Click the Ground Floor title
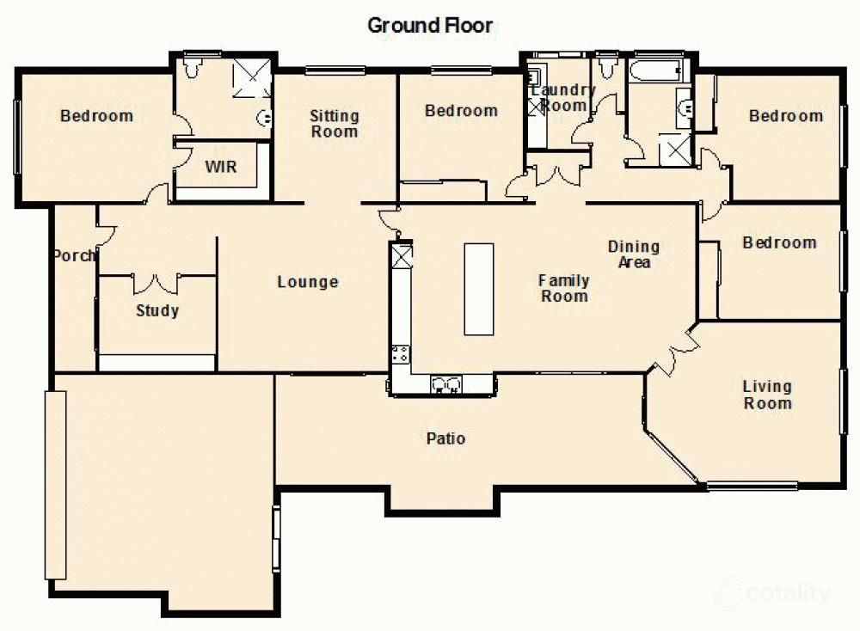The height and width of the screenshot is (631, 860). pyautogui.click(x=430, y=26)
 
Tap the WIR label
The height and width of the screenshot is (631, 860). pyautogui.click(x=220, y=167)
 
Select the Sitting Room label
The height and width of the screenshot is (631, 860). pyautogui.click(x=335, y=124)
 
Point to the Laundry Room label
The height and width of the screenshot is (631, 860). pyautogui.click(x=563, y=98)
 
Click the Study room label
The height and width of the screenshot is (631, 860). pyautogui.click(x=157, y=310)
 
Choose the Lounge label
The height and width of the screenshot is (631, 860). pyautogui.click(x=307, y=282)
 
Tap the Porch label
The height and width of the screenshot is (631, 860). pyautogui.click(x=74, y=255)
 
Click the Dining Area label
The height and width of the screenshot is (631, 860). pyautogui.click(x=634, y=254)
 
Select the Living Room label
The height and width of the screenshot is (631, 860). pyautogui.click(x=767, y=395)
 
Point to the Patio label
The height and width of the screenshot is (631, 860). pyautogui.click(x=445, y=438)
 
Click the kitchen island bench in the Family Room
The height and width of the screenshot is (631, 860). pyautogui.click(x=479, y=289)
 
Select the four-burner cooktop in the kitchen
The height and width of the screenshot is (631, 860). pyautogui.click(x=401, y=352)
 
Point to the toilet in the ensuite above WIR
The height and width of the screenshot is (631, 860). pyautogui.click(x=193, y=67)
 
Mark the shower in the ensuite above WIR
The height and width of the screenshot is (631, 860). pyautogui.click(x=252, y=78)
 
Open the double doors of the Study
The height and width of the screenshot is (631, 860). pyautogui.click(x=157, y=283)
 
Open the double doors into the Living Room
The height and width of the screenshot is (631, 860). pyautogui.click(x=676, y=351)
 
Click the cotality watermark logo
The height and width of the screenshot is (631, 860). pyautogui.click(x=774, y=593)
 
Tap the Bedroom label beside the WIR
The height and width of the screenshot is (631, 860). pyautogui.click(x=96, y=115)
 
